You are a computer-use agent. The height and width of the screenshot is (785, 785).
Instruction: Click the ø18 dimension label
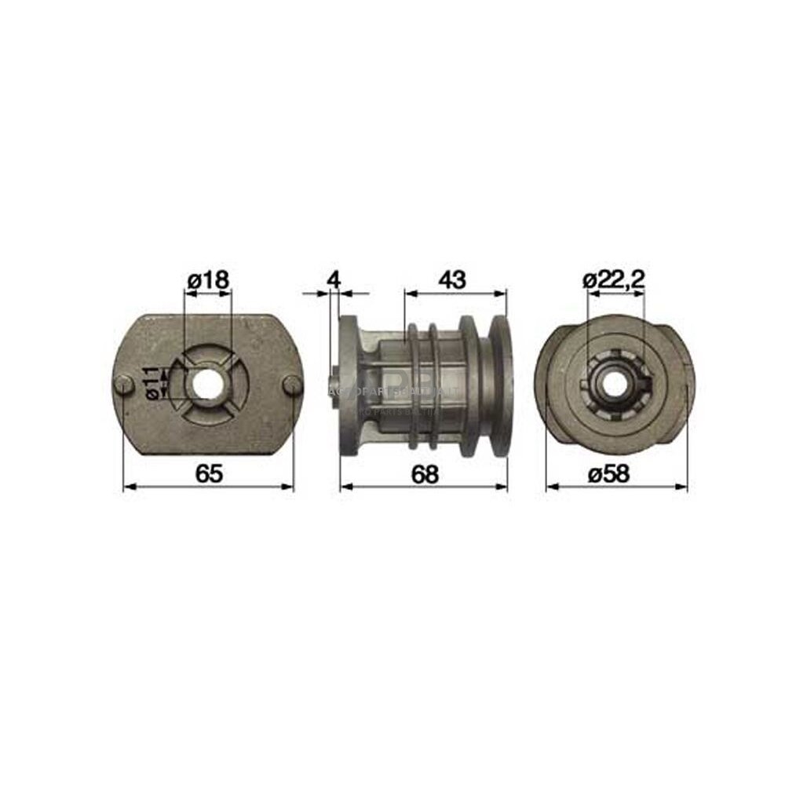208,279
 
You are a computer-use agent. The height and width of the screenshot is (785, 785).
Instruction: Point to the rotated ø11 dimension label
153,382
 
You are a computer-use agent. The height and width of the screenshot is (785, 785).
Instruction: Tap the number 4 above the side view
334,279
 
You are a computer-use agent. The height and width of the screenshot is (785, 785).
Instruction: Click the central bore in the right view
614,383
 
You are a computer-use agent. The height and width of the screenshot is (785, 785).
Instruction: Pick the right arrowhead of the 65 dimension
290,487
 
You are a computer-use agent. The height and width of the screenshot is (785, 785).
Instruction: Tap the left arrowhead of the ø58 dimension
550,487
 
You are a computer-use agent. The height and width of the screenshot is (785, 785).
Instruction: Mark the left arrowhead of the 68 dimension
344,487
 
